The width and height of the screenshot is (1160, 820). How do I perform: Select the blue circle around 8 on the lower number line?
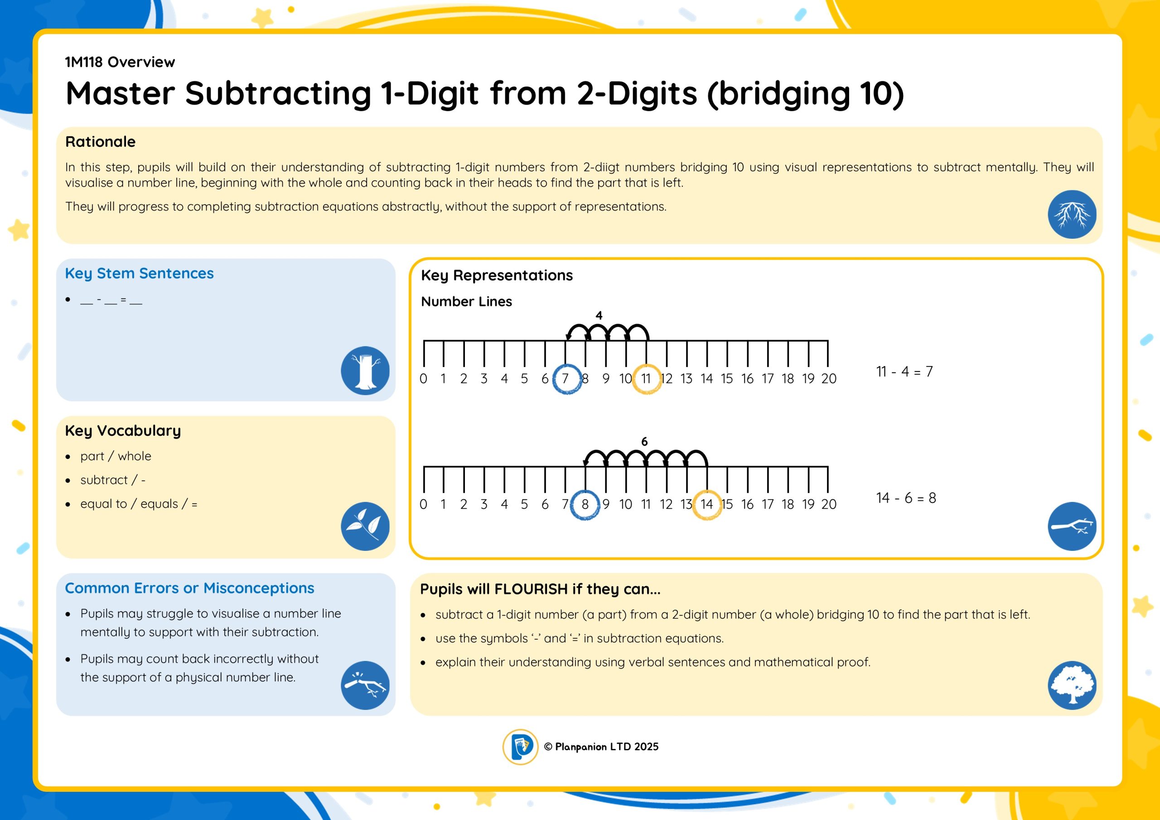(571, 505)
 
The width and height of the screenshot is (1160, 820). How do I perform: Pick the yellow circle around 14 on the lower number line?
(693, 505)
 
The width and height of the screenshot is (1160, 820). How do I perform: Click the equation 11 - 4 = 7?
(904, 372)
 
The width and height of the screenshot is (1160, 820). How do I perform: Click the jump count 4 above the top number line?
(599, 316)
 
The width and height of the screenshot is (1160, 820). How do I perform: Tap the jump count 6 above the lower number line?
(644, 442)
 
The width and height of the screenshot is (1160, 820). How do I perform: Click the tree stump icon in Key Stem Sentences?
(365, 370)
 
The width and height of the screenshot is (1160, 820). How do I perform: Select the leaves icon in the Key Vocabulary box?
(365, 526)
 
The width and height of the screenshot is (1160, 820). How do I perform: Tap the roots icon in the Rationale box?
(1072, 214)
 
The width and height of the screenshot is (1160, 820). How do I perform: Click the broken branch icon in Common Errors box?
(365, 685)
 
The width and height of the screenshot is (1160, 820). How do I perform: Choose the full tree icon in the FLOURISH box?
(1072, 685)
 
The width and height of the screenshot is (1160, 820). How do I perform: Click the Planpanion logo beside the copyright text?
(520, 747)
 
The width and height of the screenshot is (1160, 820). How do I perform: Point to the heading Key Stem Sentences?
(140, 273)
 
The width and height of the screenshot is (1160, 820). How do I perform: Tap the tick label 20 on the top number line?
(829, 378)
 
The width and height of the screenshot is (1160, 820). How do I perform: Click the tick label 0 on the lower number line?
(423, 504)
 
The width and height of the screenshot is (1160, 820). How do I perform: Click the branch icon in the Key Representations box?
(1072, 526)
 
